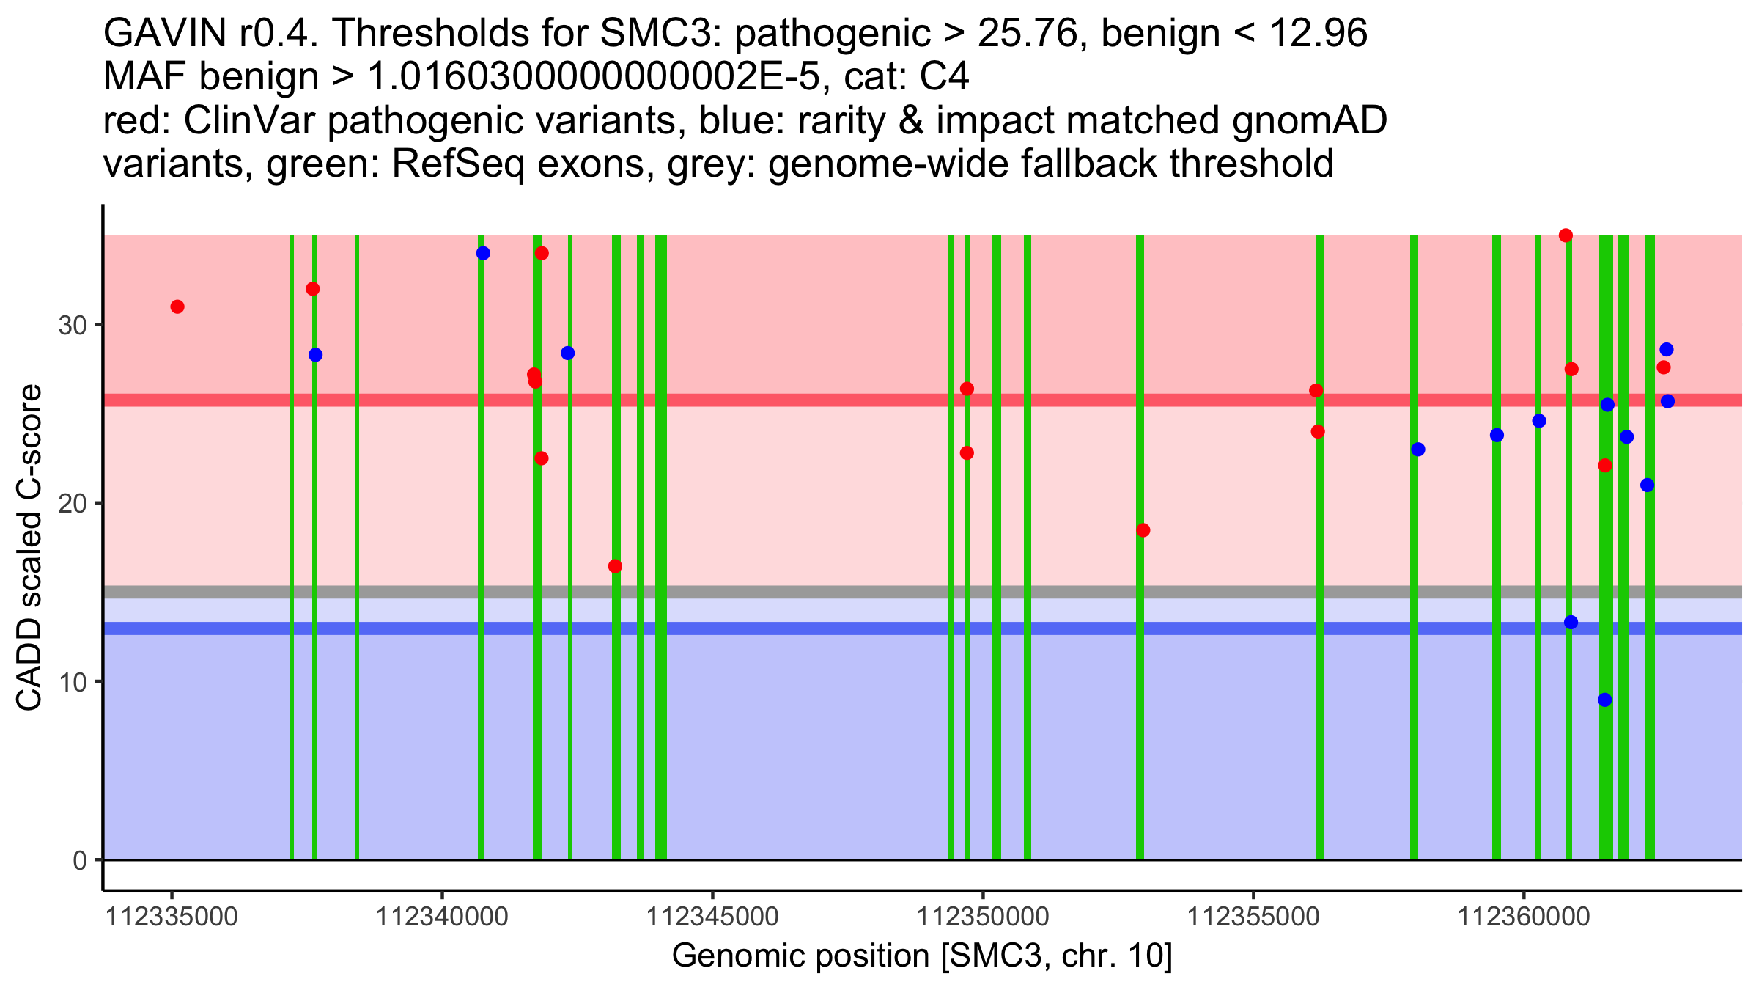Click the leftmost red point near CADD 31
(x=177, y=307)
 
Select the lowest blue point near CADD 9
(x=1605, y=700)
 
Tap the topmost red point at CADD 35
(x=1566, y=235)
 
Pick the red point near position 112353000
(x=1143, y=530)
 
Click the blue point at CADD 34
(x=483, y=254)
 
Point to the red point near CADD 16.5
(x=616, y=566)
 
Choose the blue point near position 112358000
(x=1418, y=450)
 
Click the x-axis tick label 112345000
(x=712, y=917)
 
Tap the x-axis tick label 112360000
(x=1524, y=917)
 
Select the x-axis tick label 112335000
(x=172, y=917)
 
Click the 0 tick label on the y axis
(x=80, y=861)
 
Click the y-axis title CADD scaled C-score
(x=29, y=550)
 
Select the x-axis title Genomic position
(x=922, y=956)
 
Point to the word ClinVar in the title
(x=250, y=120)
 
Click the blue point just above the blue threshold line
(x=1571, y=623)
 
